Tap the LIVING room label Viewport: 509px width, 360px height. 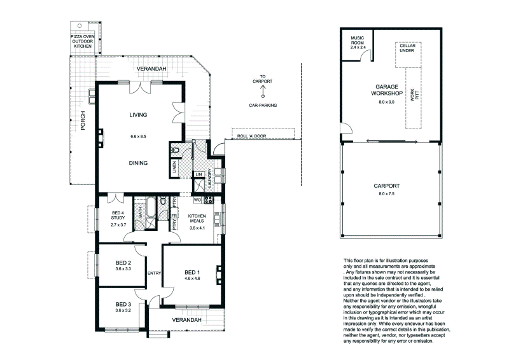point(138,115)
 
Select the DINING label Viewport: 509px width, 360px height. point(138,163)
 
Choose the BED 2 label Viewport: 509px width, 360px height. point(123,263)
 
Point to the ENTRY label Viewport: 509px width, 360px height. point(154,273)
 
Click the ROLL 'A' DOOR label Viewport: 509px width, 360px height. point(251,136)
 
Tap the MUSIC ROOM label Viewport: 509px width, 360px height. point(357,42)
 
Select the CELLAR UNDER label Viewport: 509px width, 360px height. point(408,50)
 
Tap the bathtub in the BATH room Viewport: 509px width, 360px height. point(151,209)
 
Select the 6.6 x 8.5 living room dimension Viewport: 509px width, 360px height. point(138,136)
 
